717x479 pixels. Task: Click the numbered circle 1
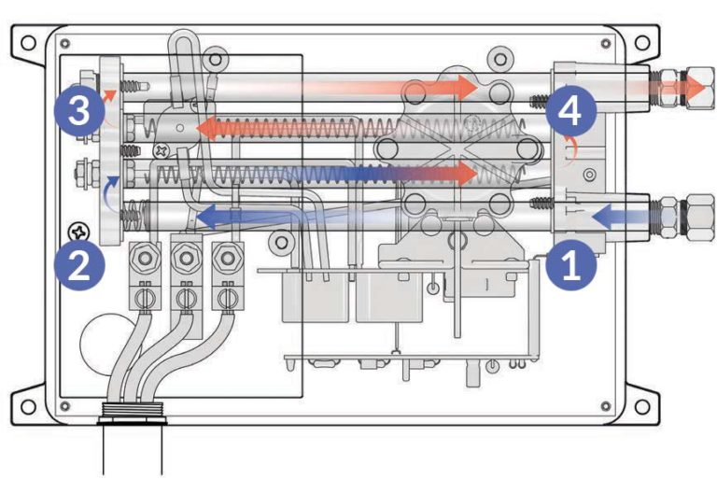tap(571, 264)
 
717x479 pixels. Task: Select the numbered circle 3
tap(78, 112)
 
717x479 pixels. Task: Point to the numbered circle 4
tap(571, 112)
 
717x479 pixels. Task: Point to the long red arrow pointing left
tap(280, 128)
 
